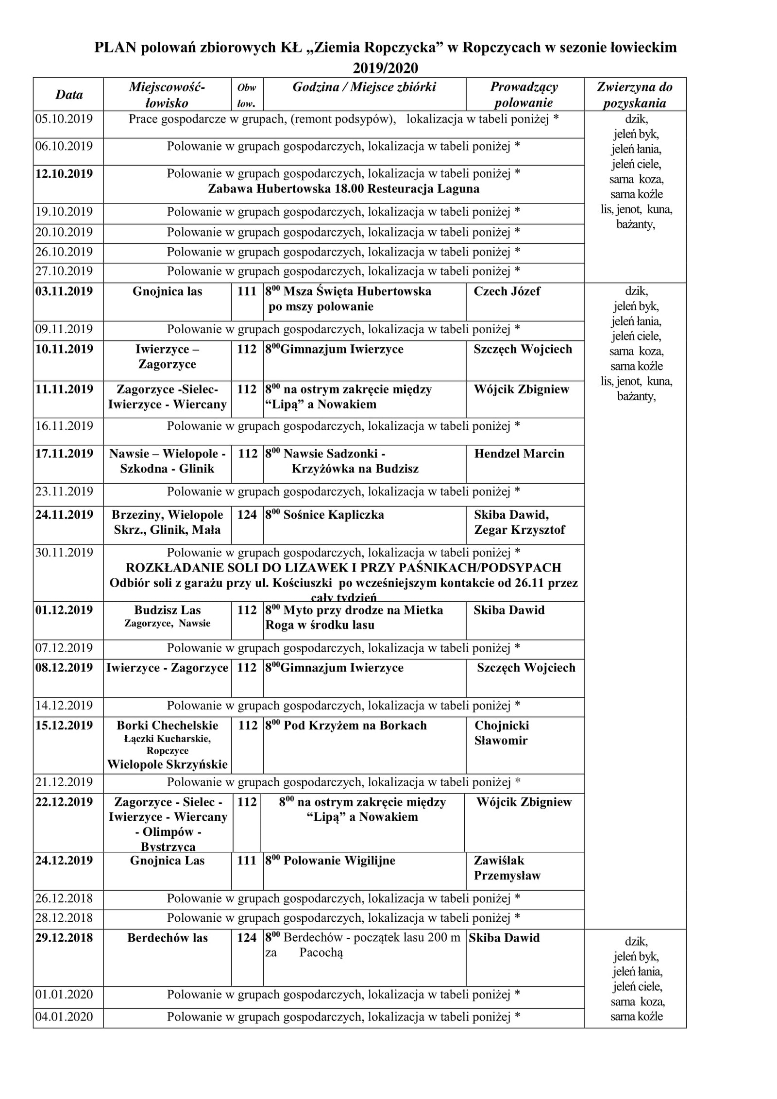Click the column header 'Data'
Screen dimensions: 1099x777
click(69, 95)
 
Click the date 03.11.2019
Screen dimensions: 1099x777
click(64, 291)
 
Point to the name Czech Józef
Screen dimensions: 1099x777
click(507, 291)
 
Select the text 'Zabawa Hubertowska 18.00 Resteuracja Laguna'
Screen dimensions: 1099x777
click(343, 189)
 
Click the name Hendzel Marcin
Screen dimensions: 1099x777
click(519, 454)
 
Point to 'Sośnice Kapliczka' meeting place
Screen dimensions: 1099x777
click(333, 515)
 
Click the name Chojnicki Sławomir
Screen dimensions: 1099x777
click(501, 733)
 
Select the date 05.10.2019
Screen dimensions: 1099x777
click(64, 119)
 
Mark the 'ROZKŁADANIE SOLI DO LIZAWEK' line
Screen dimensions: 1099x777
click(343, 568)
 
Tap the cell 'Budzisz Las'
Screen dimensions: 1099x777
click(167, 610)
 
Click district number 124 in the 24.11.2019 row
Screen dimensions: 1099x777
click(247, 515)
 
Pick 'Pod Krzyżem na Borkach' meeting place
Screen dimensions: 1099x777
click(355, 726)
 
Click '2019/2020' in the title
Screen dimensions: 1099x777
click(385, 67)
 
